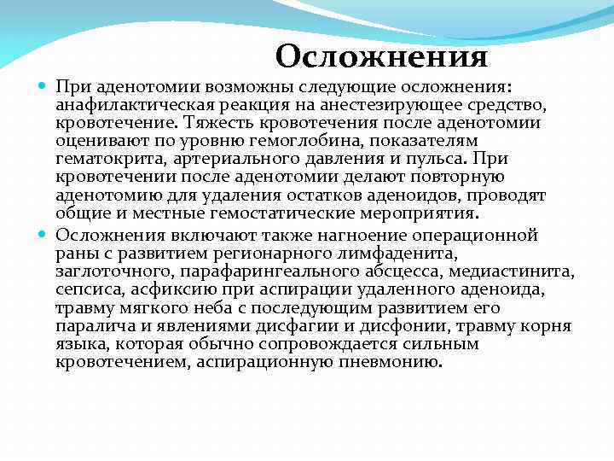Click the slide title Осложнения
(381, 57)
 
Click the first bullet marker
(44, 87)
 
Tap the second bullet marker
(44, 234)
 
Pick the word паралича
(93, 326)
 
